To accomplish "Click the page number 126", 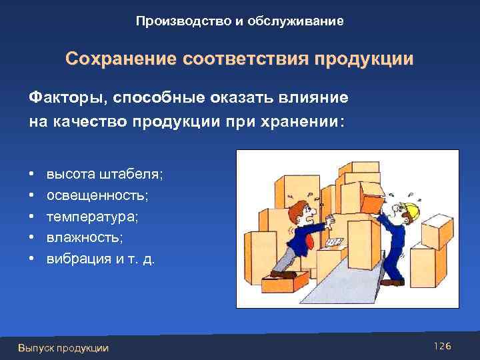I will (443, 346).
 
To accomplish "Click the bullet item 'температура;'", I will (83, 216).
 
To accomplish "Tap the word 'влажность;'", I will (77, 237).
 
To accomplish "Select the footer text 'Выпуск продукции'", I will (63, 347).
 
